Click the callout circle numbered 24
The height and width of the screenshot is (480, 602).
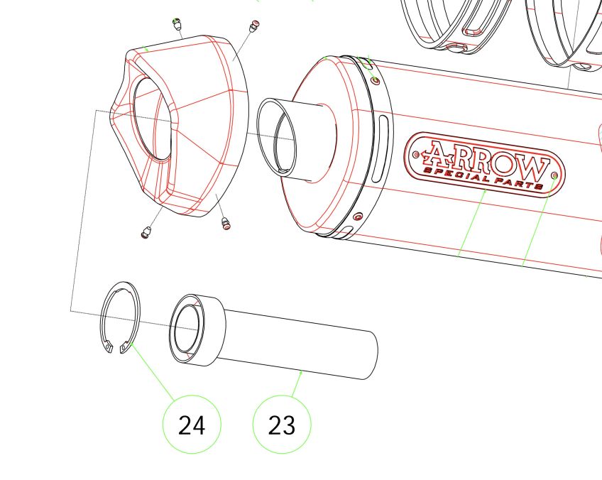click(x=192, y=425)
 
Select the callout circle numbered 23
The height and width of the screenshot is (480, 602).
click(x=282, y=425)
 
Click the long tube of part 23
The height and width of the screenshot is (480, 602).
click(x=305, y=348)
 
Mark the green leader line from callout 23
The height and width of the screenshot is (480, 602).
click(x=297, y=383)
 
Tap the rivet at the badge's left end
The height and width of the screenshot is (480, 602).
click(x=416, y=153)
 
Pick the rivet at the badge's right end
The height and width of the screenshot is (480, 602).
click(x=554, y=174)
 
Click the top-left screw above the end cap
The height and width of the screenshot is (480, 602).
click(x=177, y=26)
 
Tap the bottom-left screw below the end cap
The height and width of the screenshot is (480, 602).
click(x=146, y=231)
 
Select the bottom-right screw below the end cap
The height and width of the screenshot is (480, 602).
click(x=226, y=224)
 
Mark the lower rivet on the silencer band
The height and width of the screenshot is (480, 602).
click(x=358, y=215)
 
